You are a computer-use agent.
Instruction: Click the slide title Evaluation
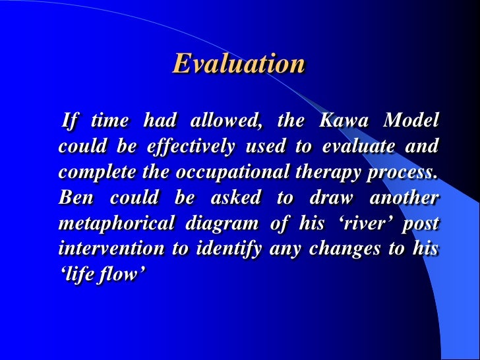click(239, 65)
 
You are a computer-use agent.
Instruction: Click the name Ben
click(74, 198)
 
